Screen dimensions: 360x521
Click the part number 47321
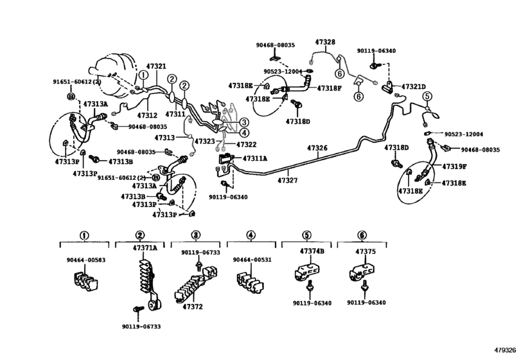point(156,66)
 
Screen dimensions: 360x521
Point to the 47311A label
point(255,158)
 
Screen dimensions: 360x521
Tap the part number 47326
point(317,148)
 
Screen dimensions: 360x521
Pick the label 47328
point(325,42)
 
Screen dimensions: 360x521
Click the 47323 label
point(206,141)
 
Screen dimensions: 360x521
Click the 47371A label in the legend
point(145,248)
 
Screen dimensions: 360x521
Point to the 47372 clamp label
point(193,307)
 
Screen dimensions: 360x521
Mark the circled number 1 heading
point(84,235)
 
